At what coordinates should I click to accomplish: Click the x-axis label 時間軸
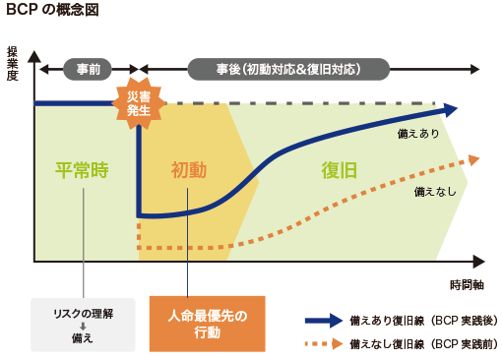pos(466,285)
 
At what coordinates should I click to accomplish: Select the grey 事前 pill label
pos(88,69)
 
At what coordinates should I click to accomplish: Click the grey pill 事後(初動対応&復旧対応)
pos(288,69)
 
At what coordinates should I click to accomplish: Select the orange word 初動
pos(189,169)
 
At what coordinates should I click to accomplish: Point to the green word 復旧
pos(338,169)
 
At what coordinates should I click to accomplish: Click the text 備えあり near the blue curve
pos(417,132)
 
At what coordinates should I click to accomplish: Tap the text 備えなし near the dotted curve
pos(434,190)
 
